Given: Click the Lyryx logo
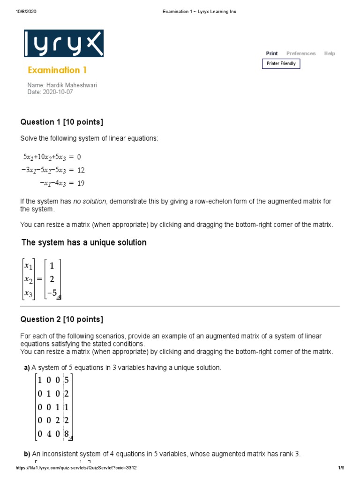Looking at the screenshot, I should tap(64, 44).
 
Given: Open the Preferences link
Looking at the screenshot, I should tap(301, 53).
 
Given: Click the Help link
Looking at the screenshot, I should tap(330, 53).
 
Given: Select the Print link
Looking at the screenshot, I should tap(272, 53).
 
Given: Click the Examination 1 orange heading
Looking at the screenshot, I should tap(57, 70).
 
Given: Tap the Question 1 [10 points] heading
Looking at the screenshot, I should tap(61, 122).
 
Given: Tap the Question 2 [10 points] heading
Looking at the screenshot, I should tap(61, 320).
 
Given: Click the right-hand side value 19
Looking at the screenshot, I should tap(81, 183).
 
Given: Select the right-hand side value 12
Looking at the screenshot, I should tap(81, 170).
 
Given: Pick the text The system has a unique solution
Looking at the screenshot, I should tap(84, 243).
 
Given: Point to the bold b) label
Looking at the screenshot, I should tap(27, 454).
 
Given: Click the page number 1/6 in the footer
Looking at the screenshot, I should tap(341, 468).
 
